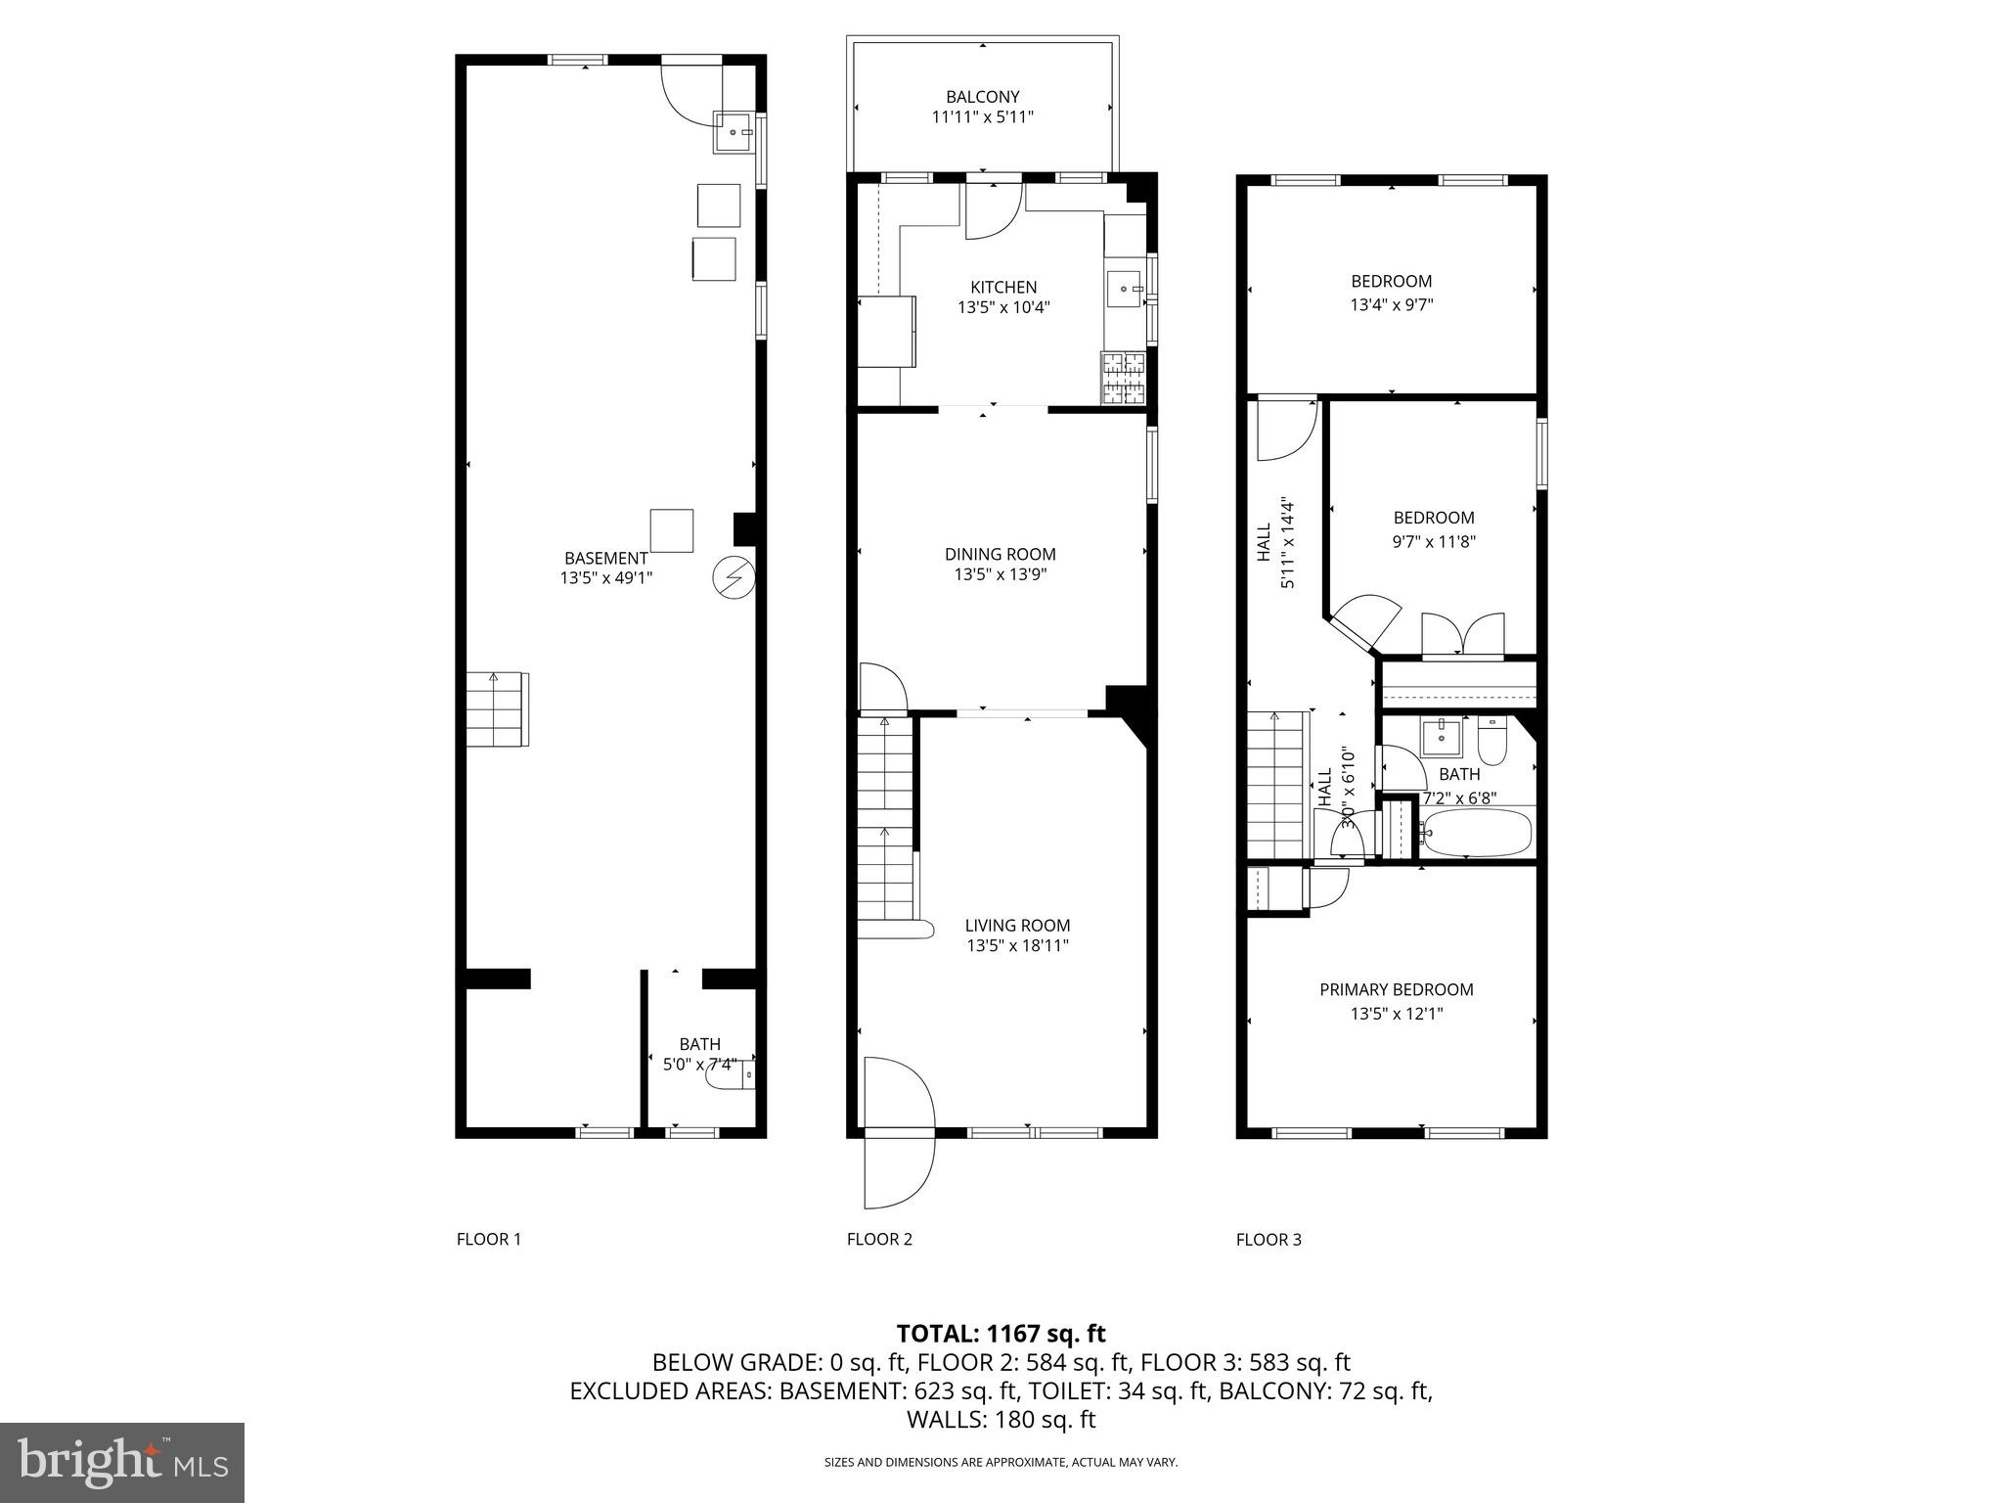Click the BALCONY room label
point(982,97)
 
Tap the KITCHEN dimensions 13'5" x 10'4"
point(1002,307)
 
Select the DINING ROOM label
point(1000,554)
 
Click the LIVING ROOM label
point(1017,925)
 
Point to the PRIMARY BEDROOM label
point(1396,989)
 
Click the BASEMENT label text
point(605,558)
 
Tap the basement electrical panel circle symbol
point(734,577)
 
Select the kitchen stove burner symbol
point(1124,378)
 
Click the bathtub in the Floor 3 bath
point(1476,833)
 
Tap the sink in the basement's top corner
point(733,132)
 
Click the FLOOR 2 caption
point(879,1239)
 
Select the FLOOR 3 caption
point(1269,1239)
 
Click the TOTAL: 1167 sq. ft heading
point(1001,1333)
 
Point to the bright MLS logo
point(122,1463)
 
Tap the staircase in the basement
point(497,709)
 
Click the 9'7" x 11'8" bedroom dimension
point(1434,540)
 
